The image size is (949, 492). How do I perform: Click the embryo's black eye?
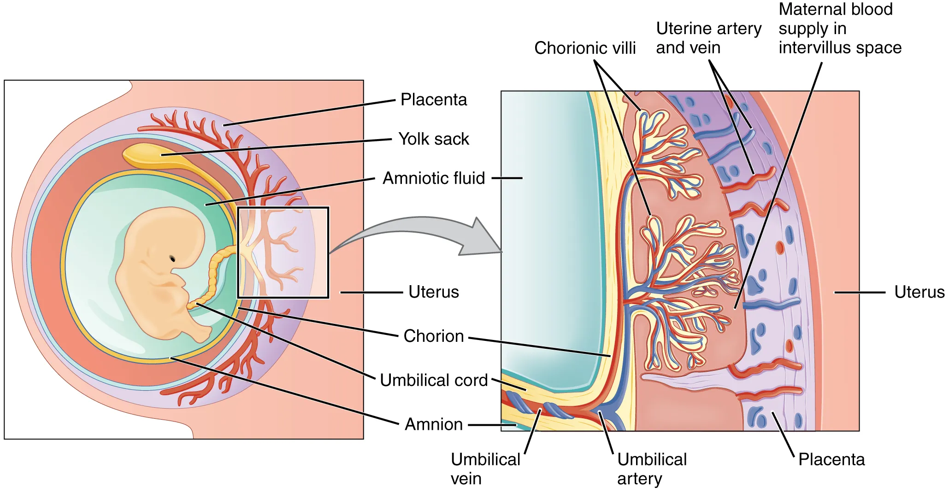(172, 258)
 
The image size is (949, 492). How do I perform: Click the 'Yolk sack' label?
(434, 139)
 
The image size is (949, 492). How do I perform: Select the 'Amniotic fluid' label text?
(434, 178)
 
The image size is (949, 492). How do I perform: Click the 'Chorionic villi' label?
(585, 48)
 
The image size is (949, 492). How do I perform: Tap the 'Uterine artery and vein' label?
(708, 38)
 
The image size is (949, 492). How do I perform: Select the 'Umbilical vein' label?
(485, 469)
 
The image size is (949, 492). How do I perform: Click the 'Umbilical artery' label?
(652, 469)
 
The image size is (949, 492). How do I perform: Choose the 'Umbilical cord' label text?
(434, 381)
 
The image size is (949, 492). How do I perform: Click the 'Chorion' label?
(434, 336)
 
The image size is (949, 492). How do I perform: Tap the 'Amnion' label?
(434, 424)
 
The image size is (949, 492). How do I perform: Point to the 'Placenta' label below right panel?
(831, 460)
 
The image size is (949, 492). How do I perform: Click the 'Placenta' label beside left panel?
(434, 100)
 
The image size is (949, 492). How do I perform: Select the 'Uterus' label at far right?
(919, 292)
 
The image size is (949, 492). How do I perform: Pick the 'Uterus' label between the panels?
(434, 292)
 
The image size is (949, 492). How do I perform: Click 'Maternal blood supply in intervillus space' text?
(839, 29)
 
